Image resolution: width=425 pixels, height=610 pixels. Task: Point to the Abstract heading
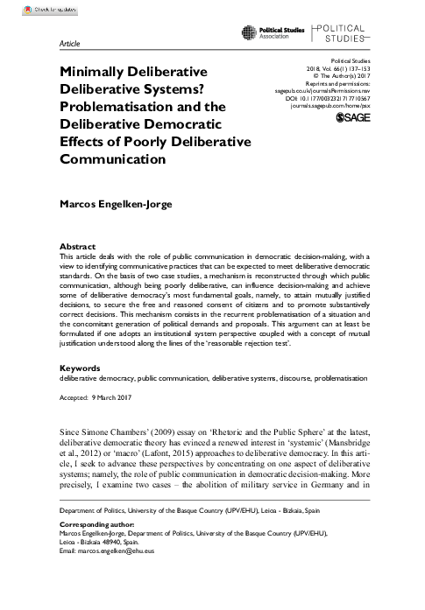tap(77, 248)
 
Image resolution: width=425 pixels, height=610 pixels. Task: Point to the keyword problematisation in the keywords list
tap(338, 404)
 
